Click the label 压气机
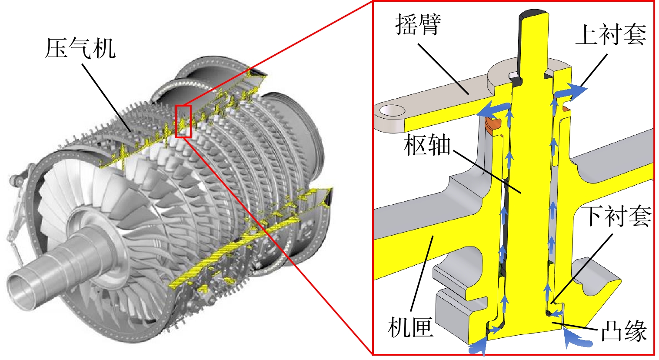(x=80, y=48)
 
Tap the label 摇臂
(x=418, y=24)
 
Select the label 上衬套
(x=611, y=34)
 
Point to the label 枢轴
(x=427, y=145)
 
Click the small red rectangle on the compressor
(x=183, y=121)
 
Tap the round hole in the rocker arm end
(x=392, y=110)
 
